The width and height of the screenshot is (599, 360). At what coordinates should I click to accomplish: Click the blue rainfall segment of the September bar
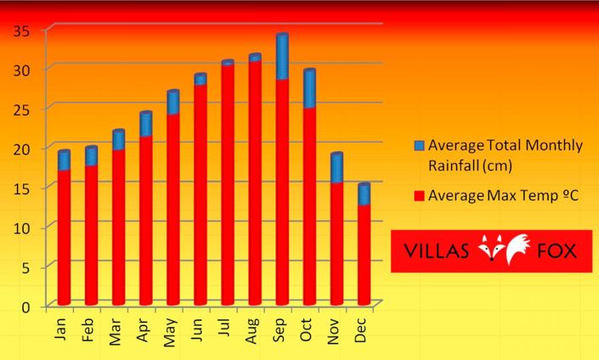[282, 58]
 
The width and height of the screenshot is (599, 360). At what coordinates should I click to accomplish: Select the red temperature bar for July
[228, 183]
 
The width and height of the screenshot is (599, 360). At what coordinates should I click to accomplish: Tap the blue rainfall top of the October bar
[309, 88]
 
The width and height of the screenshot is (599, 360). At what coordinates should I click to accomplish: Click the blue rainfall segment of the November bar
[336, 168]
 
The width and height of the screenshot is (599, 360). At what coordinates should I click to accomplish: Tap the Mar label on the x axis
[115, 331]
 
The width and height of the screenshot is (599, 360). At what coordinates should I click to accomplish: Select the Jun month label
[197, 331]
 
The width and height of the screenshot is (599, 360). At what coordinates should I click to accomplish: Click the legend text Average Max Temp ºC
[503, 195]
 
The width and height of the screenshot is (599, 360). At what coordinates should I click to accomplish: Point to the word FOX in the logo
[557, 251]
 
